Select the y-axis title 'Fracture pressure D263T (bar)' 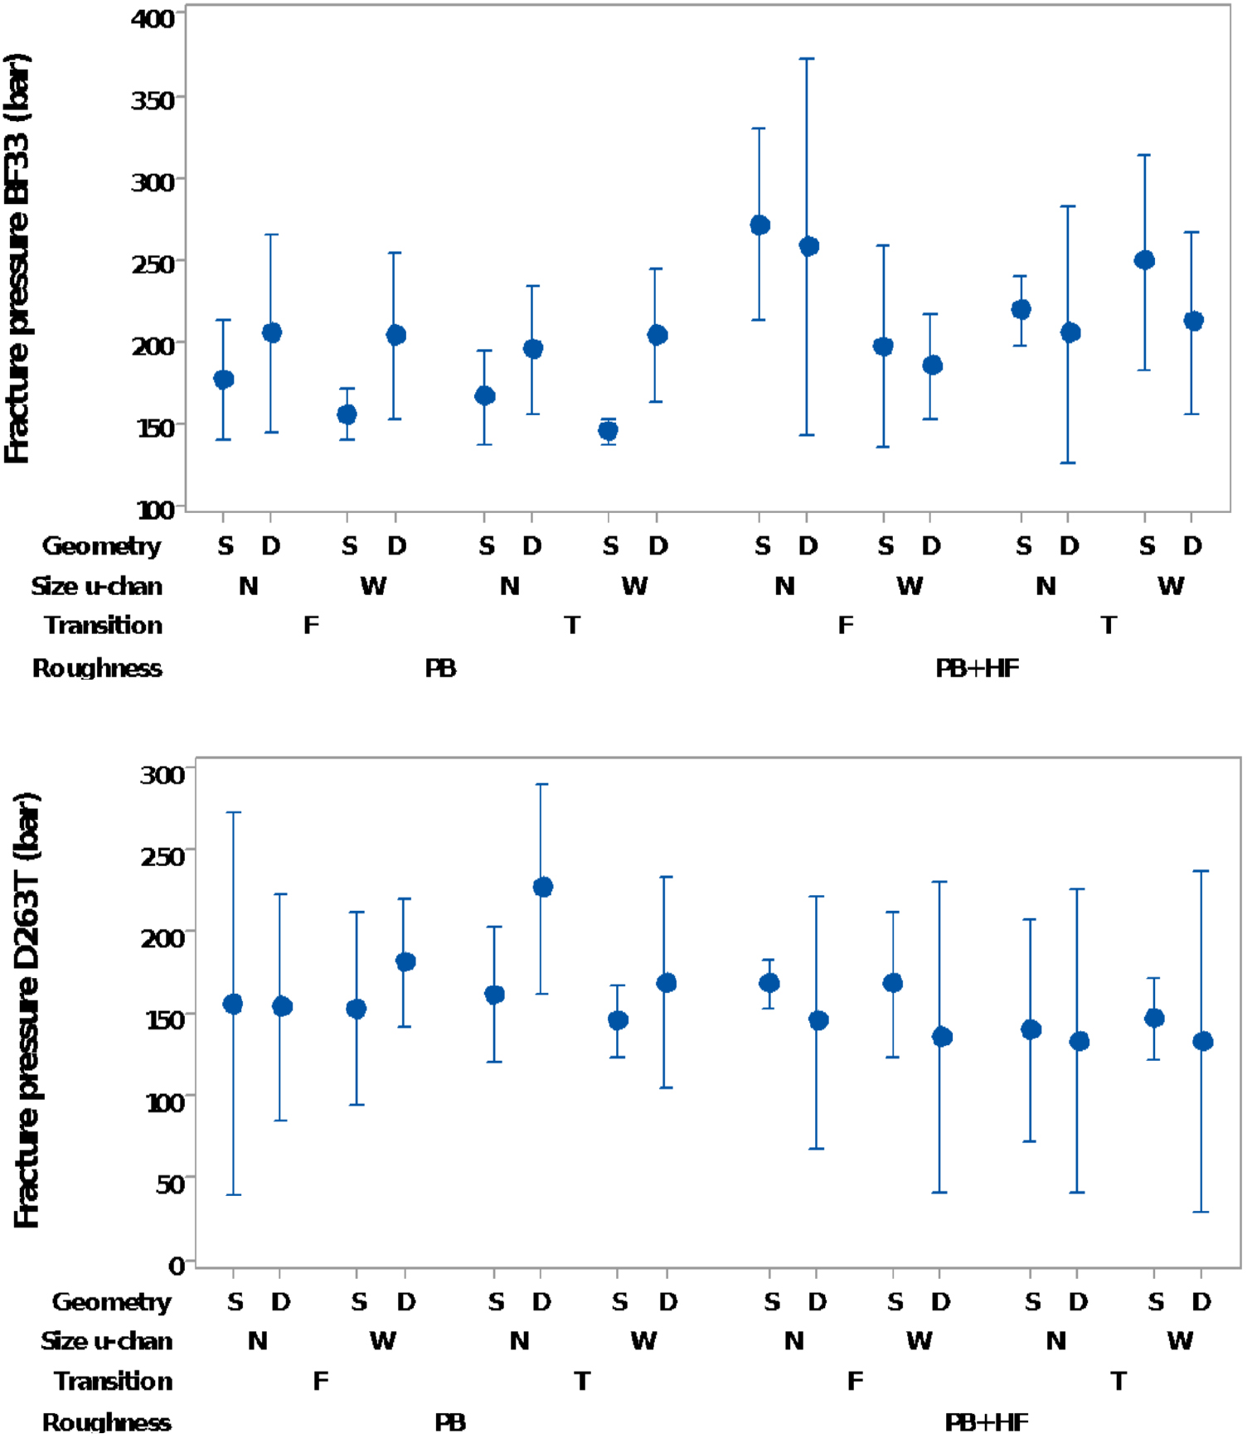27,1011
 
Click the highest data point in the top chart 759,225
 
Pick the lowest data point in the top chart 608,430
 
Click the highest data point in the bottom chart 542,887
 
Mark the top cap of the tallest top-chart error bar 807,59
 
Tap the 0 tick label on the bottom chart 176,1266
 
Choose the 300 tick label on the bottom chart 163,774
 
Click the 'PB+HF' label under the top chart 977,668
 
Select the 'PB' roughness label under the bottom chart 450,1422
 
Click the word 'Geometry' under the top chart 101,545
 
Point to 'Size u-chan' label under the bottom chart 106,1340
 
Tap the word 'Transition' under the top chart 103,625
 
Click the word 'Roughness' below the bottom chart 106,1422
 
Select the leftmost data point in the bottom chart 233,1004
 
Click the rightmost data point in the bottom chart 1202,1041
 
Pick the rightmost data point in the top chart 1192,321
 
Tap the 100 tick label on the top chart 156,509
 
